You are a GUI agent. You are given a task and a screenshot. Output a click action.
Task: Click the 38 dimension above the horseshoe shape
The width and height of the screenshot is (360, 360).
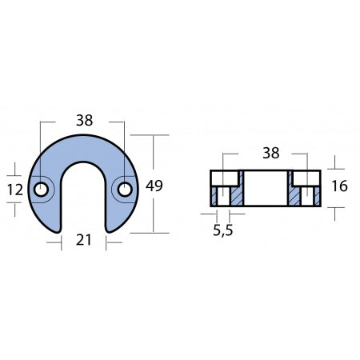pyautogui.click(x=83, y=121)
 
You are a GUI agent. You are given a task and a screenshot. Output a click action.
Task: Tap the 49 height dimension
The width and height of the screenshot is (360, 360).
pyautogui.click(x=154, y=186)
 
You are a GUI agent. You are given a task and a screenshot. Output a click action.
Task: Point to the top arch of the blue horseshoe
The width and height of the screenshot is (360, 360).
pyautogui.click(x=83, y=149)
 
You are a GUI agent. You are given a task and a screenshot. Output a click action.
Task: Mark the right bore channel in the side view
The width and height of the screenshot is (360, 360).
pyautogui.click(x=307, y=197)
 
